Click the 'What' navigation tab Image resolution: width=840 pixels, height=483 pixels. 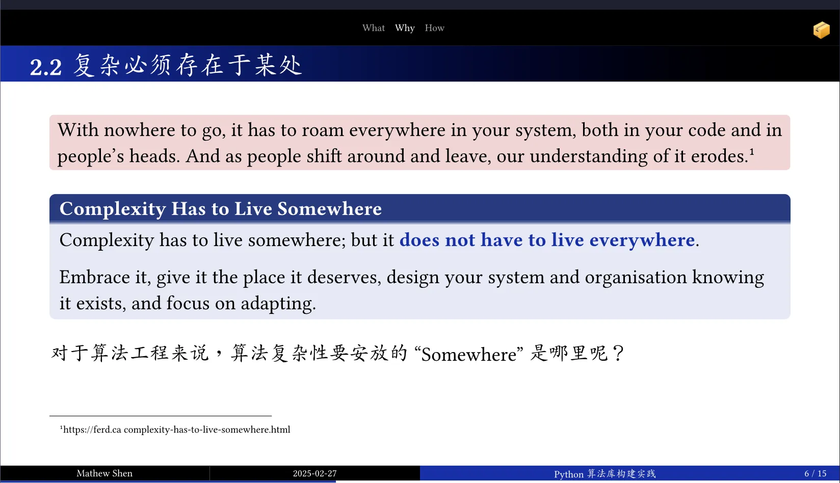374,28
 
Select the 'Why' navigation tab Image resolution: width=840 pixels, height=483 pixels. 405,29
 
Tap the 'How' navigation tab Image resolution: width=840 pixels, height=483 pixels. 434,28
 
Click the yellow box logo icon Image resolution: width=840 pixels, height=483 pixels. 821,30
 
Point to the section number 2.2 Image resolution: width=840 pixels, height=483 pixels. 46,67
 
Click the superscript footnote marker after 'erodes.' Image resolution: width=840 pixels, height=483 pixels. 751,151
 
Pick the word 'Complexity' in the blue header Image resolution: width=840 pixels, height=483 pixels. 113,209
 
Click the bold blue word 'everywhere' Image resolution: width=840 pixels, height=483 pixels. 642,240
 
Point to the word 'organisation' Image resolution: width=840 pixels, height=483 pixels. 636,278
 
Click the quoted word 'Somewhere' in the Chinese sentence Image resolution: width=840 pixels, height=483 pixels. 468,355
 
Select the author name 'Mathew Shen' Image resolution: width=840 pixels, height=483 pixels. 104,473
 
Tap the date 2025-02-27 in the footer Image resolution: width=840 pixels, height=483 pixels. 314,474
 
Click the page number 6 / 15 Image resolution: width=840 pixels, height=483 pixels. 815,474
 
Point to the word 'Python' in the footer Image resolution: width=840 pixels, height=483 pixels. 568,474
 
